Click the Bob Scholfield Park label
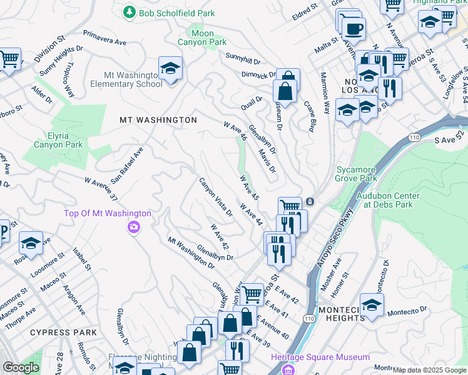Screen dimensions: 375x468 pos(176,13)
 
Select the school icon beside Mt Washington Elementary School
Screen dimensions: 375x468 pos(169,69)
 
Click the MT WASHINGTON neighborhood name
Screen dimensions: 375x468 pos(158,119)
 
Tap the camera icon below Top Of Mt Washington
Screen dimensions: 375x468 pos(133,227)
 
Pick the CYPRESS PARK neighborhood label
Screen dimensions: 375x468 pos(63,332)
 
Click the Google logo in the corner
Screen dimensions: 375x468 pos(21,367)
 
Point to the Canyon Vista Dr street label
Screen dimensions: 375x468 pos(216,197)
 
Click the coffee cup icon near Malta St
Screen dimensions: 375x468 pos(354,28)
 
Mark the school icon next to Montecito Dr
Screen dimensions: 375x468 pos(372,306)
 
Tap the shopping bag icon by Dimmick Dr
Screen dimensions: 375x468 pos(285,91)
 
